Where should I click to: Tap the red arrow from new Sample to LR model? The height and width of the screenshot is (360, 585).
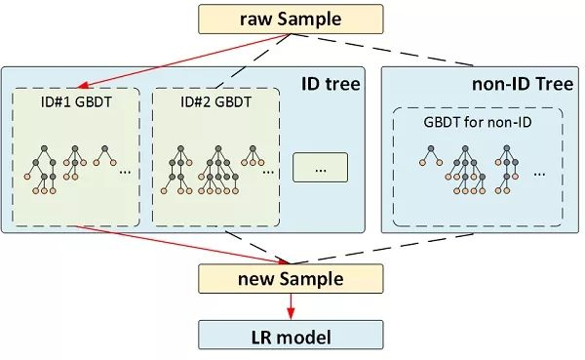290,307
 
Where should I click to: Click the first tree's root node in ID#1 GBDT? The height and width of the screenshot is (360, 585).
45,149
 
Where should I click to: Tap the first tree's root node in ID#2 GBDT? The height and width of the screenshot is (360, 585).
181,149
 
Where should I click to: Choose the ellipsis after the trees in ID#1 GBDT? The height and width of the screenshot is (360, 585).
125,172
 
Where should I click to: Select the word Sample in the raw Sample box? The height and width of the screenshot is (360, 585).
310,18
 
